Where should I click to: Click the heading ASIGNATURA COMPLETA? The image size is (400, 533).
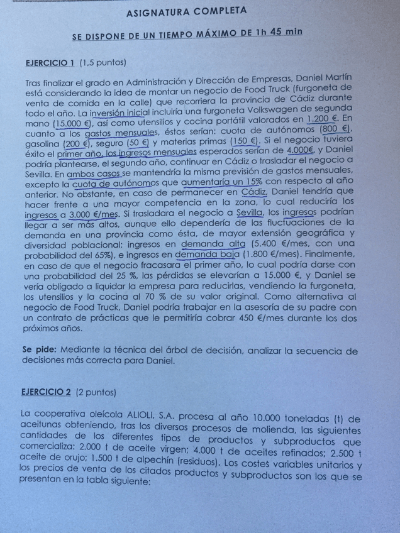pos(186,11)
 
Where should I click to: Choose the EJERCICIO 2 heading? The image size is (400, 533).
pos(46,393)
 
